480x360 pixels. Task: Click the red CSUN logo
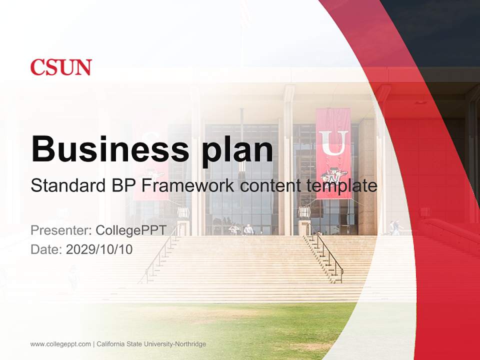(x=61, y=67)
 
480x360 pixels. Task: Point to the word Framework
(x=188, y=186)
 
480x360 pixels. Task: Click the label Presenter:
(x=61, y=230)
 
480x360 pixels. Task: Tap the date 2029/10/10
(x=99, y=249)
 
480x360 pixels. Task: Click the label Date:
(x=46, y=249)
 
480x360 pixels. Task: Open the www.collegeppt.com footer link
(x=60, y=344)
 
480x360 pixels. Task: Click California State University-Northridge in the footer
(x=151, y=344)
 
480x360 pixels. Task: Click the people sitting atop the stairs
(x=241, y=230)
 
